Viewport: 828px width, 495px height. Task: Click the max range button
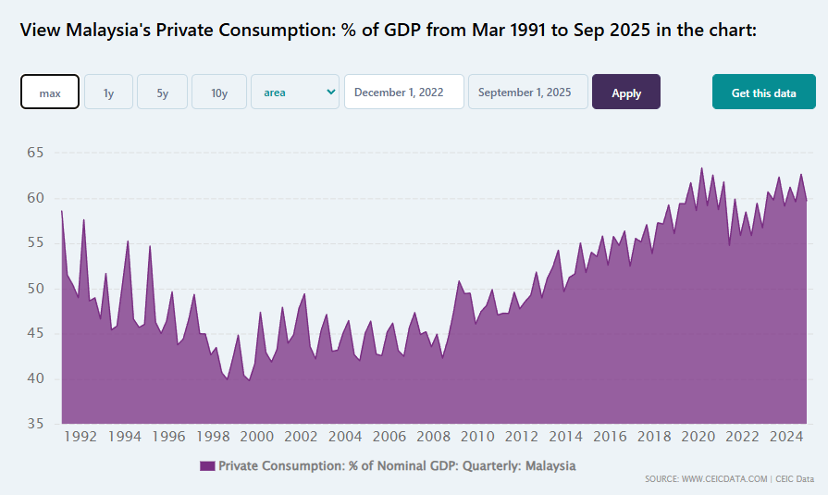point(50,93)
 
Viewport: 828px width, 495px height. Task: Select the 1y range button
point(108,93)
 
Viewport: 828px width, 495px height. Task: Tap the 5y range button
point(162,93)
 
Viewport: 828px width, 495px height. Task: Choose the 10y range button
point(219,93)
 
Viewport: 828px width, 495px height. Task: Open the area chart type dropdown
point(295,93)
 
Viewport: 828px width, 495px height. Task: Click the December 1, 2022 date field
point(404,93)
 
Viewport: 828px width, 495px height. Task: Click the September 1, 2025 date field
point(527,93)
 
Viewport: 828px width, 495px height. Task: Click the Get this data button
point(763,93)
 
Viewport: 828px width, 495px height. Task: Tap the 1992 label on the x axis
point(80,437)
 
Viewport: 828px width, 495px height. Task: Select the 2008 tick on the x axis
point(433,437)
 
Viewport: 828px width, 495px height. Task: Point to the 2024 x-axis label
point(786,437)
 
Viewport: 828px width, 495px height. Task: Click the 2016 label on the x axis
point(610,437)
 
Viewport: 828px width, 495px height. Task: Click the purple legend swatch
point(207,466)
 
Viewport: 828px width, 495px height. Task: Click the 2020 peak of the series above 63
point(701,168)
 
